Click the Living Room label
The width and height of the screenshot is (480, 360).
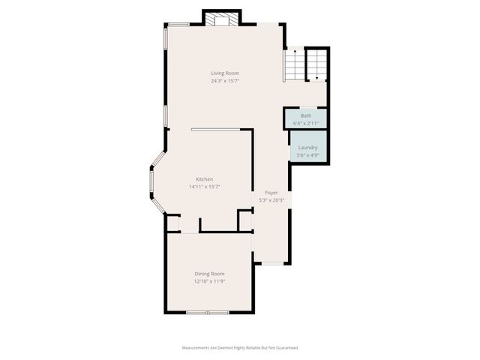click(x=224, y=73)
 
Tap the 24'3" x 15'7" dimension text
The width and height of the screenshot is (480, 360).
click(x=224, y=80)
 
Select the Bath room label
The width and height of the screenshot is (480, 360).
click(x=306, y=115)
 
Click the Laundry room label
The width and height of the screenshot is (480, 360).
click(x=307, y=148)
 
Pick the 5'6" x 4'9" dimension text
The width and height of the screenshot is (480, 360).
click(x=307, y=154)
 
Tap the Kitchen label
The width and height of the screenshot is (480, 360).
click(x=204, y=179)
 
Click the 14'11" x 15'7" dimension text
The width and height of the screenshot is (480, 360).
click(x=204, y=187)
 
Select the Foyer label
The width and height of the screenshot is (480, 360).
click(x=270, y=193)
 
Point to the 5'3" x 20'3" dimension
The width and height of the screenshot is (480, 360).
click(x=270, y=200)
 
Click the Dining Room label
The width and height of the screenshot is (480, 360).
click(x=209, y=274)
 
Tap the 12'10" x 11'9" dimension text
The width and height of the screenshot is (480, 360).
click(x=209, y=281)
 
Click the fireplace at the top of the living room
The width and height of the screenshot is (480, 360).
click(x=222, y=19)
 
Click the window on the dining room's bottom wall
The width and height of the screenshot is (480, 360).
click(x=208, y=312)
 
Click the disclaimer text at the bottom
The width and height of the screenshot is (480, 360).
click(x=240, y=348)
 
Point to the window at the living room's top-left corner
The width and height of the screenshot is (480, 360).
click(x=178, y=25)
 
